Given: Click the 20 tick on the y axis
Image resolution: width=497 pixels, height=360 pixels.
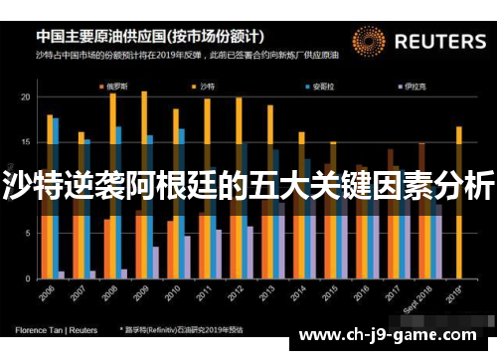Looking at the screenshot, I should pos(25,96).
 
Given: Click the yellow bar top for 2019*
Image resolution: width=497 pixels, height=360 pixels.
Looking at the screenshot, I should pos(458,128).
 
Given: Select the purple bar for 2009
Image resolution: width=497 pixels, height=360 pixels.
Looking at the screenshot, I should pos(155,261).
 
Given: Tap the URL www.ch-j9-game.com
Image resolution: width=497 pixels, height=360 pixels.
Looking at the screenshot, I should pos(392,334).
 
